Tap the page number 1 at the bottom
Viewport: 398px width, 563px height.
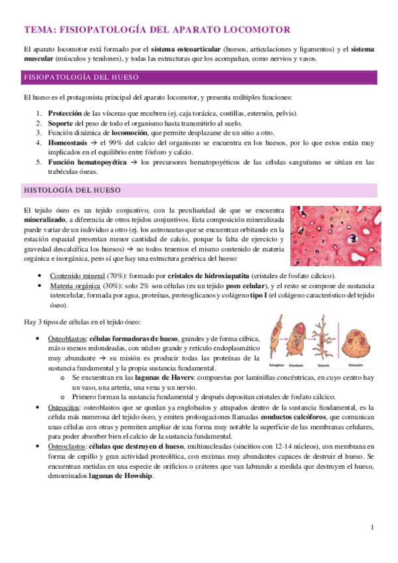(x=373, y=528)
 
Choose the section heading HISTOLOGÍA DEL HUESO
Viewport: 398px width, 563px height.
(x=64, y=190)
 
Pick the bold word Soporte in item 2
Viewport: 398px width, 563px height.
(x=60, y=123)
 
